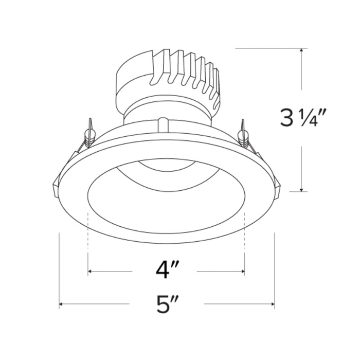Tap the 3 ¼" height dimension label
tap(301, 119)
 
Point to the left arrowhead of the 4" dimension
tap(91, 271)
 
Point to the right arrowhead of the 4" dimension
tap(242, 271)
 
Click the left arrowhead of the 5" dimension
tap(62, 305)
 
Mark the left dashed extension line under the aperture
tap(88, 237)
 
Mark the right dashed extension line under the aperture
tap(244, 237)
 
